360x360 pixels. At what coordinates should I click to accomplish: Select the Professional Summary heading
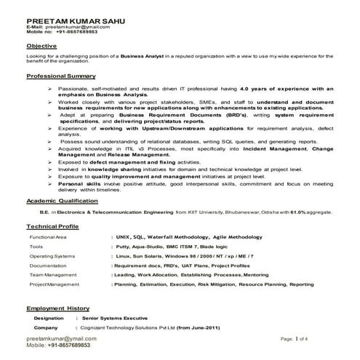61,76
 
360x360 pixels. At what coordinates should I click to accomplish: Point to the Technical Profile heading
52,226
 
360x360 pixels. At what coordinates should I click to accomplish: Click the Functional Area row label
48,238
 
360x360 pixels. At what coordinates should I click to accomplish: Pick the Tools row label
36,247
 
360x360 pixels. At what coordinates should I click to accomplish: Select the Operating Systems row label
52,257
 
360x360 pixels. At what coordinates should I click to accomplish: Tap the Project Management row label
54,284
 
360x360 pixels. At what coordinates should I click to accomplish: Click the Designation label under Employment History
49,298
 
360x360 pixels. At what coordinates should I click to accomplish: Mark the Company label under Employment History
46,308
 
